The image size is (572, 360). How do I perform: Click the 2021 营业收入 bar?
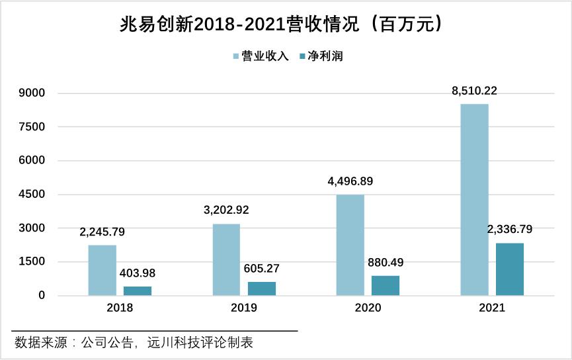tap(474, 199)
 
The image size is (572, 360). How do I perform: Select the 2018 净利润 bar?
tap(138, 291)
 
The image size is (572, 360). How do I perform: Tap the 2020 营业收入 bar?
tap(350, 245)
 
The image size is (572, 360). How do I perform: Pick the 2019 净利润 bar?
tap(261, 289)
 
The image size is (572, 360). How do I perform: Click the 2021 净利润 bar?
tap(509, 269)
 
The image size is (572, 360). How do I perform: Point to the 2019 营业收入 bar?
tap(226, 259)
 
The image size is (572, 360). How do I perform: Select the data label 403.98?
tap(138, 273)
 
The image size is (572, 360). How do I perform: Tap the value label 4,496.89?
tap(350, 181)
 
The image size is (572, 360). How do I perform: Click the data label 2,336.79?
tap(509, 230)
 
